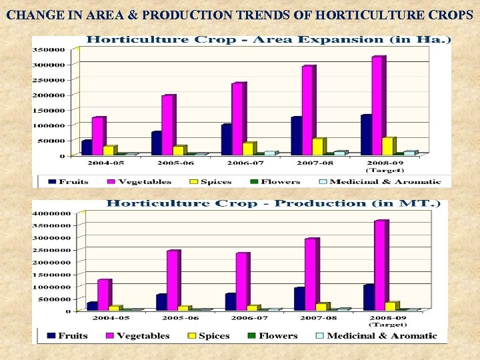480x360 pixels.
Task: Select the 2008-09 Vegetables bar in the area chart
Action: [378, 105]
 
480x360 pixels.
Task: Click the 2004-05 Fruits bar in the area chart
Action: [86, 147]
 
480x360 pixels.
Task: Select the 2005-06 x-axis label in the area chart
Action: [175, 163]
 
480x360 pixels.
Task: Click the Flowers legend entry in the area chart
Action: [274, 181]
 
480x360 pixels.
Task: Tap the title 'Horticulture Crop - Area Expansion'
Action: [269, 39]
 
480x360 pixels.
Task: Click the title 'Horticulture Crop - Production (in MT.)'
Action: [273, 203]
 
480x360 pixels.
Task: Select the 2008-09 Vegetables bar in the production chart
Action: [380, 265]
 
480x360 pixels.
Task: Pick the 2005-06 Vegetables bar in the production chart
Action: [173, 280]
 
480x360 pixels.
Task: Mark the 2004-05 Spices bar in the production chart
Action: [114, 308]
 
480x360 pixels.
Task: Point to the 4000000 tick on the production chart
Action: [51, 214]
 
